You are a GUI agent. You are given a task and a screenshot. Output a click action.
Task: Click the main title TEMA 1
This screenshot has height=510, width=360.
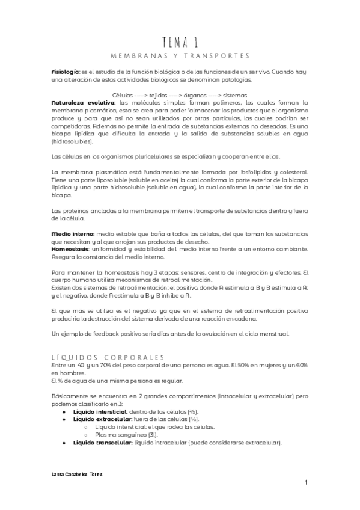(x=180, y=40)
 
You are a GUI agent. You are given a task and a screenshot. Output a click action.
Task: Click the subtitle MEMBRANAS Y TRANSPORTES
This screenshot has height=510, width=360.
(x=180, y=56)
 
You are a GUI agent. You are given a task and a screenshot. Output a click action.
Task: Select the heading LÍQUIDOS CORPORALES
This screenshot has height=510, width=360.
(x=108, y=357)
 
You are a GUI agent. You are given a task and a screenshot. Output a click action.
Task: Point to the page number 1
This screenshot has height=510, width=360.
(x=306, y=483)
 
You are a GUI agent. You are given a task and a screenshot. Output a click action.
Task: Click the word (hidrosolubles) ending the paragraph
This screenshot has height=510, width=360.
(x=73, y=142)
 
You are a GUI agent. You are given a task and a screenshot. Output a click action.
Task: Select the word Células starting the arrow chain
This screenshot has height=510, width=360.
(x=123, y=95)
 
